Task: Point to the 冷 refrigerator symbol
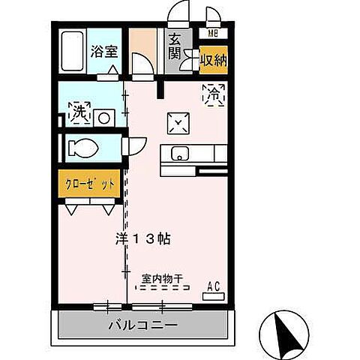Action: tap(214, 95)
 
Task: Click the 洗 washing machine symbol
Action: tap(77, 113)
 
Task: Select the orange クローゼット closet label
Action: tap(89, 184)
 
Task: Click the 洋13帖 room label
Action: tap(141, 239)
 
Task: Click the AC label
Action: tap(213, 285)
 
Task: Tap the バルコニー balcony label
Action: tap(142, 325)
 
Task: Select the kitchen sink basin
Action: tap(180, 154)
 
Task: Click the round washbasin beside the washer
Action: tap(103, 117)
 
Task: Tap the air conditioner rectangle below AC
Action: tap(213, 296)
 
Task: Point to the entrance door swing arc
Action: tap(179, 13)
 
